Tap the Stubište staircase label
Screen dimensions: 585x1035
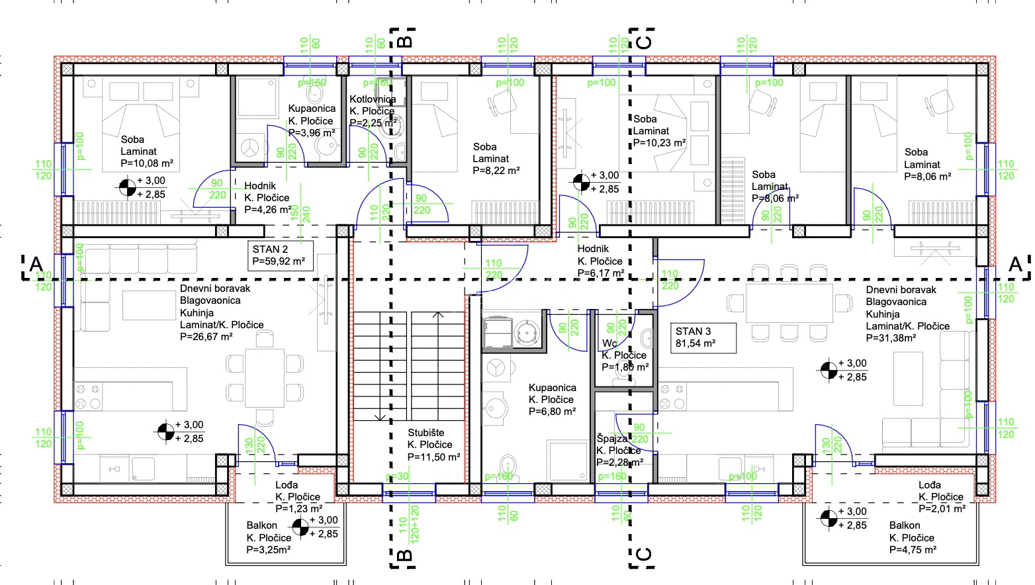point(426,433)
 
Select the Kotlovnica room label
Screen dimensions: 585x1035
point(373,99)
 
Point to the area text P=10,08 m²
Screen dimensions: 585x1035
point(147,163)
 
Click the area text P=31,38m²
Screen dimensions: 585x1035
point(891,337)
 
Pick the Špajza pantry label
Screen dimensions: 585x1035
point(611,438)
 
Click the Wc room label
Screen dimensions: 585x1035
point(609,343)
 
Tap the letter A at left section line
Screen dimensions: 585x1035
point(35,265)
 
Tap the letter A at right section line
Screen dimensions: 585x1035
point(1014,265)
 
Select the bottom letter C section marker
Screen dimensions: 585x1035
point(643,554)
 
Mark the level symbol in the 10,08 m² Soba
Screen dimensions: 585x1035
point(126,187)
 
